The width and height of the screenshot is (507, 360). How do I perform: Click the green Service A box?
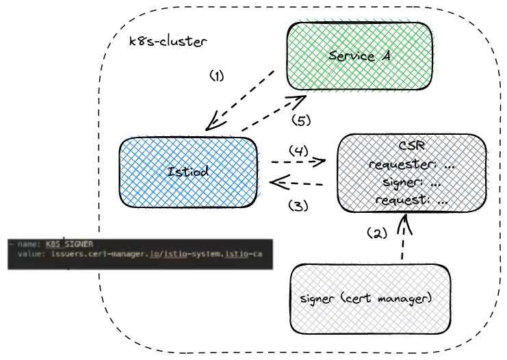click(360, 55)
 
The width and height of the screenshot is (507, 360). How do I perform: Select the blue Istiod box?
click(188, 171)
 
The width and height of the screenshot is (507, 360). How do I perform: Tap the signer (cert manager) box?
click(370, 299)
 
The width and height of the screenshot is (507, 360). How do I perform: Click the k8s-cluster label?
click(168, 42)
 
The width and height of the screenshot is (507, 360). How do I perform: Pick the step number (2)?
click(376, 233)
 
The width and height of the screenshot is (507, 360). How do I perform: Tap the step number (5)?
click(301, 120)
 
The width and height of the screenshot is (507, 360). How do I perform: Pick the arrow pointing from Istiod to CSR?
click(298, 163)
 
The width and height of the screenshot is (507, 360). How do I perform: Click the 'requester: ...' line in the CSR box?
click(411, 165)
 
